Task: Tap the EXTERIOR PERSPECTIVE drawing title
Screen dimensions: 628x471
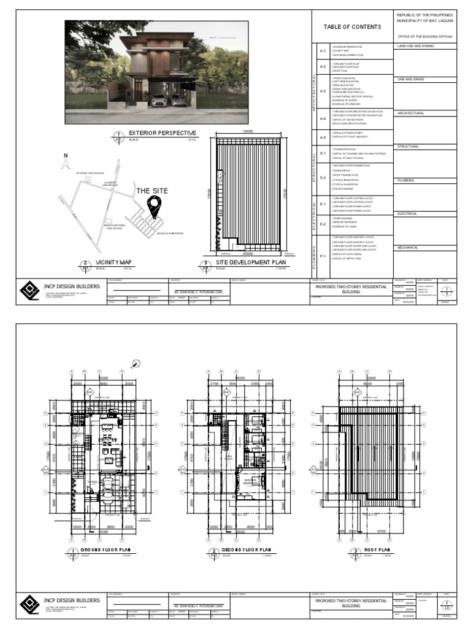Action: (x=162, y=132)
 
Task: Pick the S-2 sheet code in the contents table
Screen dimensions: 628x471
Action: (x=323, y=178)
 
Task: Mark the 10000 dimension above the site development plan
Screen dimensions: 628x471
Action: (x=248, y=132)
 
